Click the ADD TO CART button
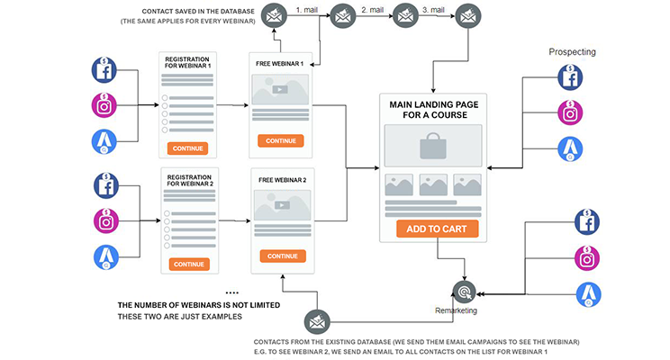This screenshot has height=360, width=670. pyautogui.click(x=437, y=229)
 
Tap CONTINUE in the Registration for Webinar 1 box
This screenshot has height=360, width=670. pyautogui.click(x=188, y=148)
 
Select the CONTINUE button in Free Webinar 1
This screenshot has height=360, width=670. pyautogui.click(x=281, y=140)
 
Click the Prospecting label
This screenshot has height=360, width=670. pyautogui.click(x=572, y=52)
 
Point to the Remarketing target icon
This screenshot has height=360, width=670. pyautogui.click(x=465, y=292)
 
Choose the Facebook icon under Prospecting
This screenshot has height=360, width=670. pyautogui.click(x=569, y=77)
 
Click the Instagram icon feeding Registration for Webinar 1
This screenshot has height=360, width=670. pyautogui.click(x=106, y=105)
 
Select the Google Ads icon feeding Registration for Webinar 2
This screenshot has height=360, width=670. pyautogui.click(x=106, y=257)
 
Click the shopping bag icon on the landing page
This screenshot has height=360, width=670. pyautogui.click(x=432, y=145)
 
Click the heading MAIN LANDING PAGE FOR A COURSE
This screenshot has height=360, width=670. pyautogui.click(x=437, y=110)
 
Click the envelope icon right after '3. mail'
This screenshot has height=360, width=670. pyautogui.click(x=466, y=15)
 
